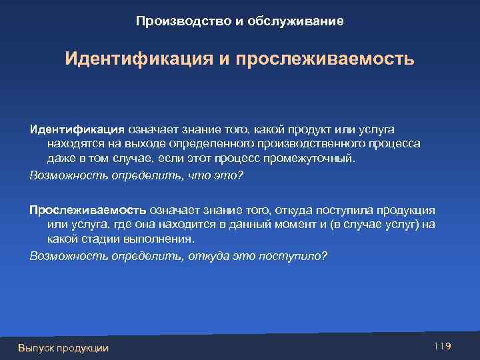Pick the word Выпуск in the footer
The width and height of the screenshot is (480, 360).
(x=37, y=347)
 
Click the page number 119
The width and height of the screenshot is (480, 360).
(x=443, y=345)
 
